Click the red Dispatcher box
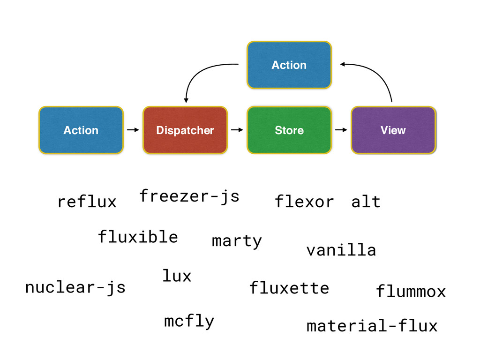185,130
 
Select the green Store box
289,130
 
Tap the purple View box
393,130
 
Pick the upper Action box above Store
289,65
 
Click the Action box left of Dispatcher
81,130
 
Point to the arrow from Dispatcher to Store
237,130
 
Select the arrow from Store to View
341,130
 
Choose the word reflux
87,202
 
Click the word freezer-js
189,196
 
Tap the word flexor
304,202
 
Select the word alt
366,202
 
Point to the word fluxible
138,237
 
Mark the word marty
237,241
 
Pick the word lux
177,275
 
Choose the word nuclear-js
75,287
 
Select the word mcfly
189,322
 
